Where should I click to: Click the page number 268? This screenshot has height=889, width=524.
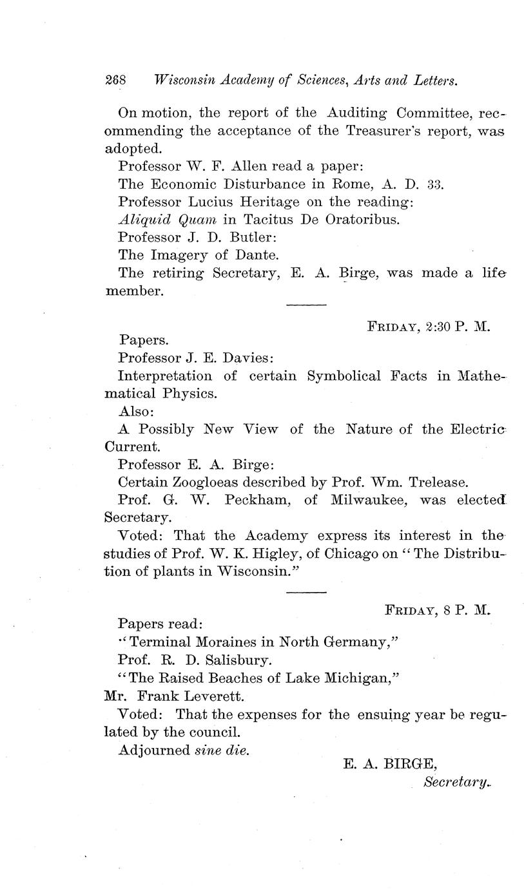tap(117, 81)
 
